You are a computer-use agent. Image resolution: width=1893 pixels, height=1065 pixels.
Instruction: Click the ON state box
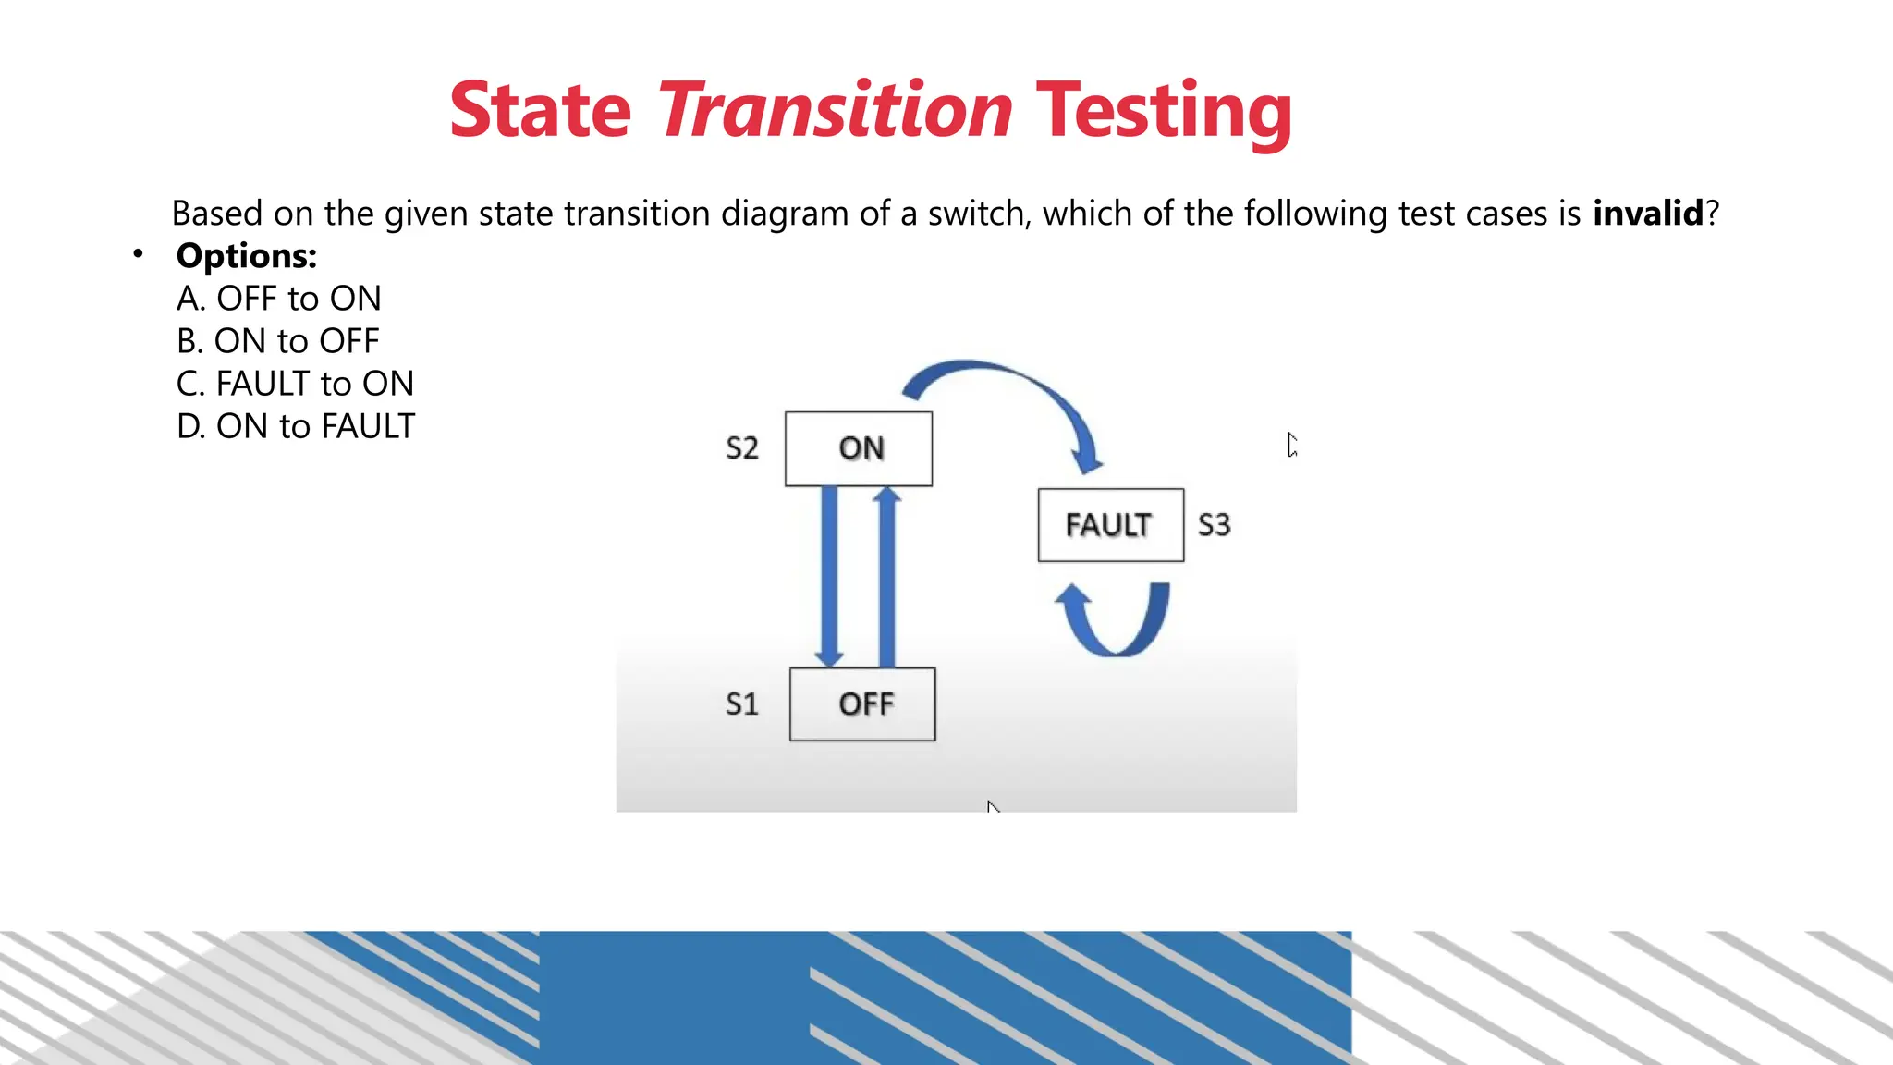(x=859, y=448)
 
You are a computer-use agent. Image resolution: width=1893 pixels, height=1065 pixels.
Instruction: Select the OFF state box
(x=862, y=704)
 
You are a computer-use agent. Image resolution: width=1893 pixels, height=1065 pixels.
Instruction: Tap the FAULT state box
(x=1110, y=525)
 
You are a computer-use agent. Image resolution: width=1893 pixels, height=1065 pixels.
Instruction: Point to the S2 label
(x=741, y=448)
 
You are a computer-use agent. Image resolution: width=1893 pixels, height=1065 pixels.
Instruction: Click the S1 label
(x=741, y=704)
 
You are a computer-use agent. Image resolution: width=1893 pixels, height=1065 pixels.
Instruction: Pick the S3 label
(x=1214, y=525)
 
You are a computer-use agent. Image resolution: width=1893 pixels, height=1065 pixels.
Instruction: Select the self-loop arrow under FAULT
(x=1114, y=629)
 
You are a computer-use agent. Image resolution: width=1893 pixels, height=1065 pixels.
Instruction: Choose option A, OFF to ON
(x=278, y=299)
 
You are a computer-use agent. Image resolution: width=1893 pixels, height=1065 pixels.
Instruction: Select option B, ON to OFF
(x=277, y=341)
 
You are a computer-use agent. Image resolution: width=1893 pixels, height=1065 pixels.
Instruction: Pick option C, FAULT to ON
(x=295, y=384)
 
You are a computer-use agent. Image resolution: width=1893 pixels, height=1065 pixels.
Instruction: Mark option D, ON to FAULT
(x=296, y=426)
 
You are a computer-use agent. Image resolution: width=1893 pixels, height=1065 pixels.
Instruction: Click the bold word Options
(x=246, y=256)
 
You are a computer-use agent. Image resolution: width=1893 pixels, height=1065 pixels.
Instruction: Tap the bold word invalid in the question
(x=1647, y=214)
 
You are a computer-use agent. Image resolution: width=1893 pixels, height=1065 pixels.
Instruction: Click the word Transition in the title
(x=836, y=110)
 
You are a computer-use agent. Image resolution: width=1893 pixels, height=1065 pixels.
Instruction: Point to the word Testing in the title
(x=1163, y=112)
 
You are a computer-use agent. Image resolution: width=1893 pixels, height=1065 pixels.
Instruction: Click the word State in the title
(x=540, y=110)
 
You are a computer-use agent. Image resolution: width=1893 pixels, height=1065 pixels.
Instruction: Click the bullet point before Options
(x=138, y=253)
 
